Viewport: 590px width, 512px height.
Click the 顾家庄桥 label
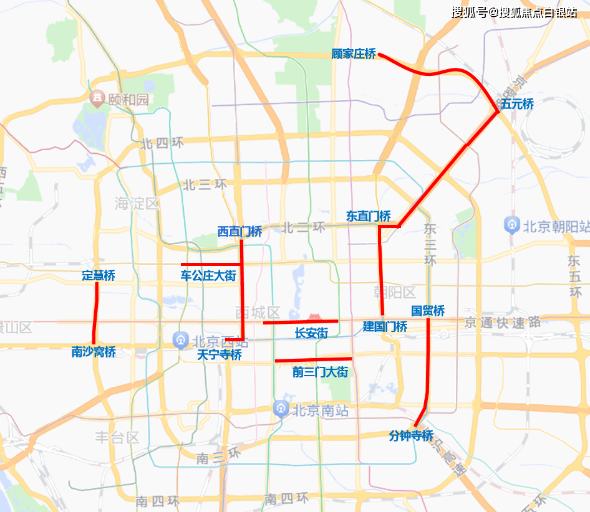[354, 54]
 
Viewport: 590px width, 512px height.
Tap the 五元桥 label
[517, 104]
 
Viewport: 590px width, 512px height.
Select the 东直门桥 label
[369, 216]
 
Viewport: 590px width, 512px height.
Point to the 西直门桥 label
[239, 232]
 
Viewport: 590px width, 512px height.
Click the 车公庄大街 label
[208, 275]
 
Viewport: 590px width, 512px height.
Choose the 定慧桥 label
[99, 275]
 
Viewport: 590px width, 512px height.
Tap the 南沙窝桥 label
[94, 352]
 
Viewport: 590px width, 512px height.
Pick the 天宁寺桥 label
[219, 355]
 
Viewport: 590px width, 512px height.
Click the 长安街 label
[311, 333]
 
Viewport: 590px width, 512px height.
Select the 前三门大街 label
[320, 372]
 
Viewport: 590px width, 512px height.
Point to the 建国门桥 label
[385, 326]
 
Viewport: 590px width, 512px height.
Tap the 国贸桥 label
[428, 311]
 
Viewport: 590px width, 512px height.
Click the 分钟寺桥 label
[411, 435]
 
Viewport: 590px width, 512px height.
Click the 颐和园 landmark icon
[97, 98]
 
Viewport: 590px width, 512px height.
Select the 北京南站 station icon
[281, 409]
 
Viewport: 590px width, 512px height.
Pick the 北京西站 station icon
[180, 340]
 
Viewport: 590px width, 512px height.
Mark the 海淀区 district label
[137, 204]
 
